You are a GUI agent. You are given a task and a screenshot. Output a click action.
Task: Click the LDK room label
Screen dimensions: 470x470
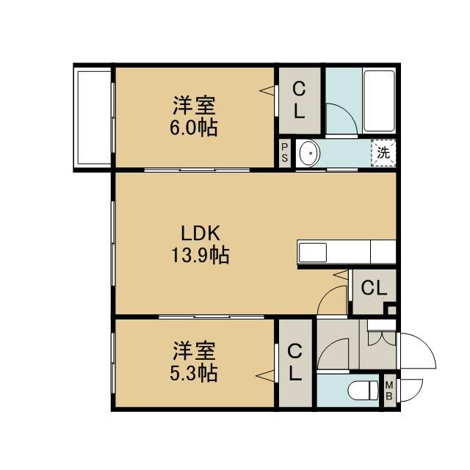(200, 234)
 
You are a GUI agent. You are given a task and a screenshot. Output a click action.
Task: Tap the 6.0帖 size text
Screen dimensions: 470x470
(194, 128)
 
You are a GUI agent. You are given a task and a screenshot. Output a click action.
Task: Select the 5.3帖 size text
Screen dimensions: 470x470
(194, 373)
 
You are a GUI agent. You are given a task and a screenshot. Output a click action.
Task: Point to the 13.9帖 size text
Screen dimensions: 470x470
(200, 255)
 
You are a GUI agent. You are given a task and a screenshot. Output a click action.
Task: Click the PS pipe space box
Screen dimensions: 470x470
(285, 153)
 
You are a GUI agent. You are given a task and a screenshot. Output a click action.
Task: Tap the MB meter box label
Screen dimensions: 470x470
(389, 390)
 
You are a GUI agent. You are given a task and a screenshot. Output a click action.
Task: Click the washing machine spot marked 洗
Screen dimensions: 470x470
(383, 153)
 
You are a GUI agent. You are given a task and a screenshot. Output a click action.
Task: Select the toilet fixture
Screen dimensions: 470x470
(363, 390)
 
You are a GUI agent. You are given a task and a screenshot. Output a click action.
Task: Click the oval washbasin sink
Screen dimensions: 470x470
(310, 153)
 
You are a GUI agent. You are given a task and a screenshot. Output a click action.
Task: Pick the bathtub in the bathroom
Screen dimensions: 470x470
(379, 101)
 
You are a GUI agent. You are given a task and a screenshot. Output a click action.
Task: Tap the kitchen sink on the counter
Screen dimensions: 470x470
(313, 253)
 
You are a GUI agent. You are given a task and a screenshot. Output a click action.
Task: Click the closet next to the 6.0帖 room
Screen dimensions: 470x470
(300, 101)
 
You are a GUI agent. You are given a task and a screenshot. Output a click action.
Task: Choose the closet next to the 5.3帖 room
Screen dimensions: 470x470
(295, 364)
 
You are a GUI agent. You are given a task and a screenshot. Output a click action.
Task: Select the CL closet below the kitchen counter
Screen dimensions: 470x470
(374, 289)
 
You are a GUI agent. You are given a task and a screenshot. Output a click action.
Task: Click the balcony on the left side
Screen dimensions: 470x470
(94, 117)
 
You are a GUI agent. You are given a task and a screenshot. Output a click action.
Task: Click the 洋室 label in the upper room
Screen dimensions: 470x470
(194, 105)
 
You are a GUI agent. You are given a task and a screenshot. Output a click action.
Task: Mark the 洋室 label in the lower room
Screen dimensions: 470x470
(194, 350)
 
